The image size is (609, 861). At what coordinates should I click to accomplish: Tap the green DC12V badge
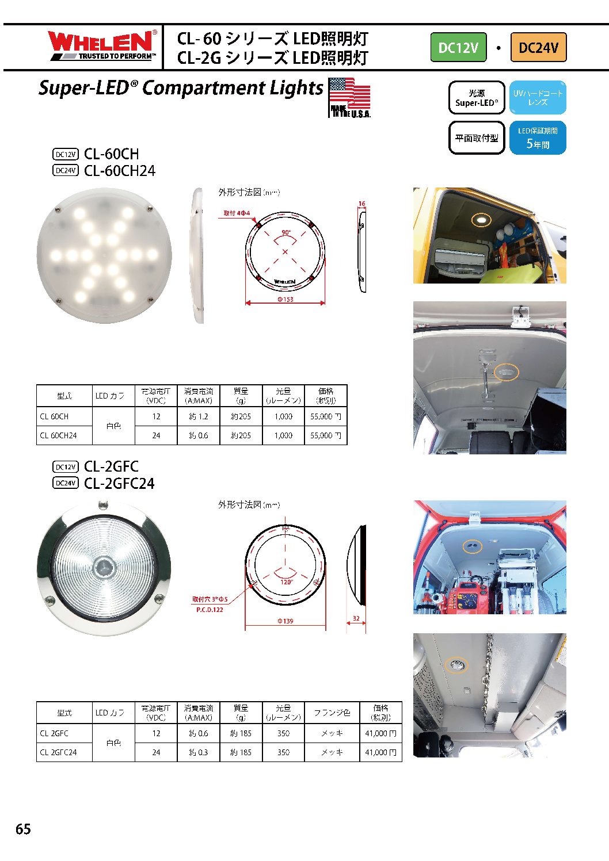coord(458,47)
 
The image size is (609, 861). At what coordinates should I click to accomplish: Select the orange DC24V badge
coord(538,47)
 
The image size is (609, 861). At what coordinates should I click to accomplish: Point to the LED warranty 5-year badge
coord(538,138)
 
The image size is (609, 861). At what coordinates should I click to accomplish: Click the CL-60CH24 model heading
coord(119,171)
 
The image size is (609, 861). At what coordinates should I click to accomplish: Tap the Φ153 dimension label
coord(286,300)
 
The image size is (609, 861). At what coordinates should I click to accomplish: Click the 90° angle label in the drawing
coord(286,233)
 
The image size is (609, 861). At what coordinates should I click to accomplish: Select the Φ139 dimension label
coord(286,621)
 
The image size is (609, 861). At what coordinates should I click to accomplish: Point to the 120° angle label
coord(286,581)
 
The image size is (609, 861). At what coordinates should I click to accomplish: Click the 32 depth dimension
coord(356,619)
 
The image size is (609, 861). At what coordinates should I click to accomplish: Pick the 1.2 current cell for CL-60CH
coord(199,416)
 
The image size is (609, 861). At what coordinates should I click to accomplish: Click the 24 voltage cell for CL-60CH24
coord(156,435)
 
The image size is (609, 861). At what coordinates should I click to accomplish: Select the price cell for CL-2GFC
coord(380,733)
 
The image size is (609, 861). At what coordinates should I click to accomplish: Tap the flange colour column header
coord(332,713)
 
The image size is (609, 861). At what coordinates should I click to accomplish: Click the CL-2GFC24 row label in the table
coord(58,752)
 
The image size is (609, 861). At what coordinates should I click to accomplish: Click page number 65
coord(23,829)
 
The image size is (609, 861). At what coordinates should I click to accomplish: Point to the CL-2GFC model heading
coord(111,466)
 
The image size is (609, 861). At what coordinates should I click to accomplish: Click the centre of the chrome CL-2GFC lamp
coord(104,567)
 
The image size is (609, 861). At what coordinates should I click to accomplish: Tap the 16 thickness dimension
coord(361,204)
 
